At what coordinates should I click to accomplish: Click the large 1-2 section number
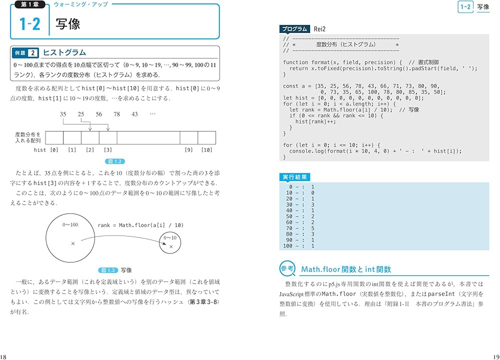click(x=29, y=24)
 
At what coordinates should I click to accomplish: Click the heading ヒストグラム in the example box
click(x=64, y=52)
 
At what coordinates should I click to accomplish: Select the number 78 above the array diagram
click(x=116, y=114)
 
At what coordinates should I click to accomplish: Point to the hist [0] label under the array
click(x=46, y=149)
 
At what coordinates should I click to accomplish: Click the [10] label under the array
click(x=206, y=149)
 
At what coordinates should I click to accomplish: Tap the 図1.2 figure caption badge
click(x=115, y=161)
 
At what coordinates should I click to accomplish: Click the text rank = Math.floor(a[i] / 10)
click(x=140, y=225)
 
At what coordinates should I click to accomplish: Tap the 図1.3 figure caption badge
click(x=108, y=270)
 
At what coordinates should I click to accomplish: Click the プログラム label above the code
click(x=294, y=29)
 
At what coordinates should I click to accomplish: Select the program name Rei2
click(x=320, y=29)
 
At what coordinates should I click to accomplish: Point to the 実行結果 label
click(x=294, y=176)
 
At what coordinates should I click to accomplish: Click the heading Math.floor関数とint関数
click(x=346, y=269)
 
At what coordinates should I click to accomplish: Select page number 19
click(x=495, y=356)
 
